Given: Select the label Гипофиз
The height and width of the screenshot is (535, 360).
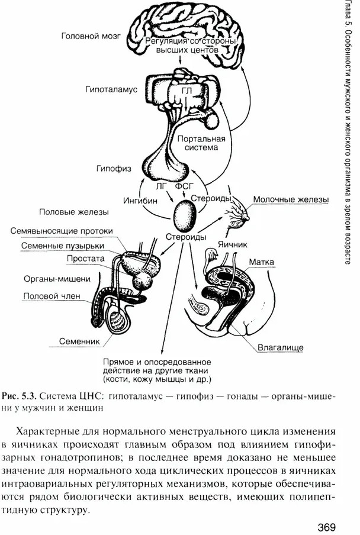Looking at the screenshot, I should click(x=112, y=169).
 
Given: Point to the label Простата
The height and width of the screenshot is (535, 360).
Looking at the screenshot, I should click(x=86, y=259).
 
